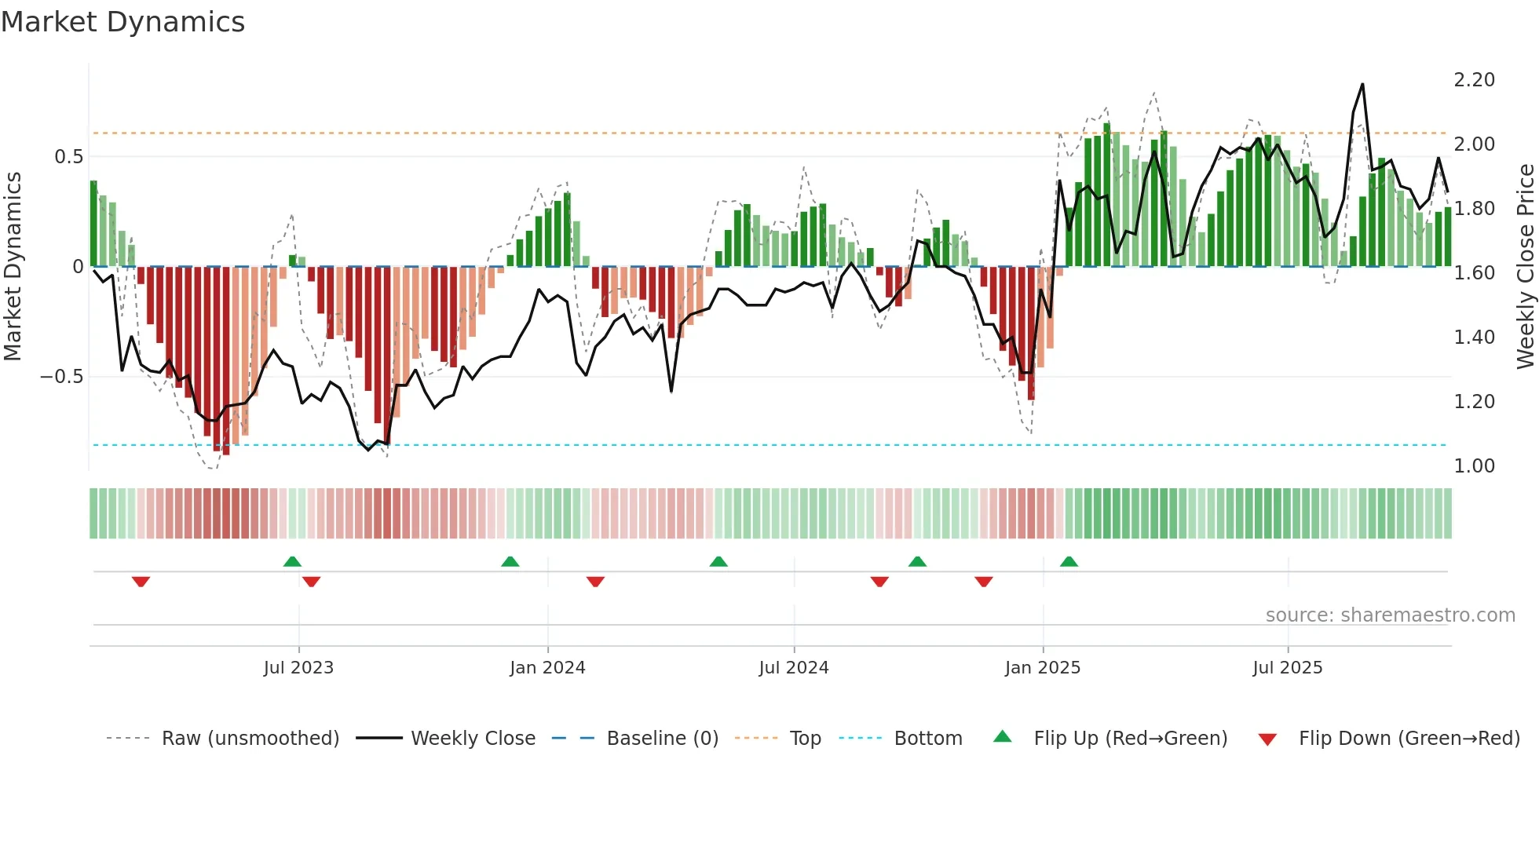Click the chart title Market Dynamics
pyautogui.click(x=123, y=22)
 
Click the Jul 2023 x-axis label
pyautogui.click(x=298, y=668)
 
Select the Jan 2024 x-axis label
pyautogui.click(x=547, y=668)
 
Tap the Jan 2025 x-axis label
pyautogui.click(x=1043, y=668)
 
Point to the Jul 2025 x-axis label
pyautogui.click(x=1288, y=668)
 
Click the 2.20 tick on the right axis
pyautogui.click(x=1474, y=80)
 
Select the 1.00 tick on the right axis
pyautogui.click(x=1474, y=466)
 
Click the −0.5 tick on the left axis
pyautogui.click(x=61, y=377)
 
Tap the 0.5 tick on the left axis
pyautogui.click(x=68, y=157)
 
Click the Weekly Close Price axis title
pyautogui.click(x=1525, y=267)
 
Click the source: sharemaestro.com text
pyautogui.click(x=1390, y=615)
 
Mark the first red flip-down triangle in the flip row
pyautogui.click(x=141, y=582)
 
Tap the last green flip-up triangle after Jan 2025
pyautogui.click(x=1069, y=561)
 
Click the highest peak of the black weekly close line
pyautogui.click(x=1362, y=85)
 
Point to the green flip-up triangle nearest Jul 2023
pyautogui.click(x=292, y=561)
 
